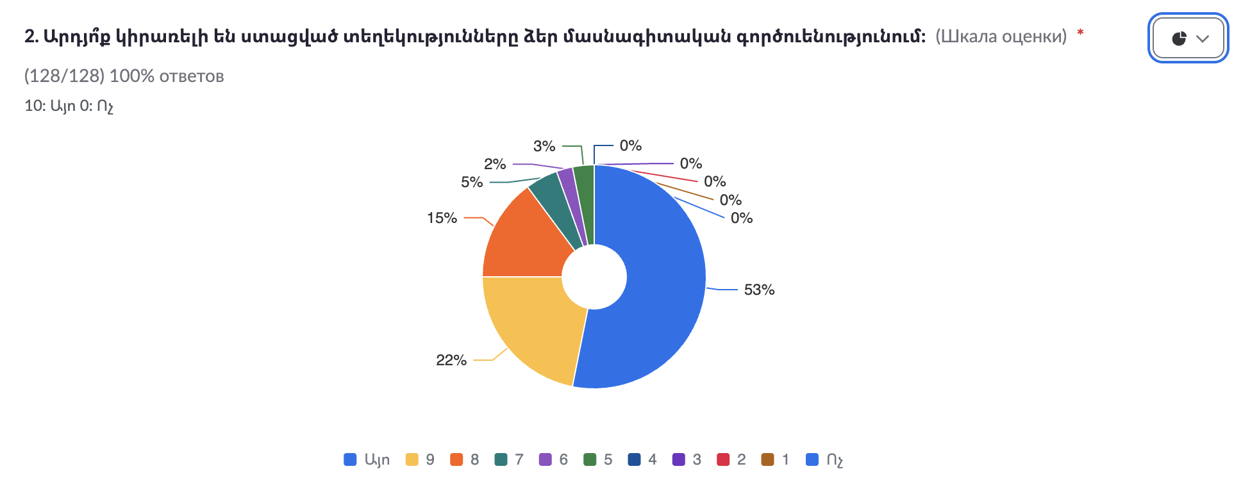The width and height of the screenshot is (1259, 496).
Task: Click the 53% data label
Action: (x=759, y=290)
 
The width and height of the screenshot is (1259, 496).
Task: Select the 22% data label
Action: (x=451, y=360)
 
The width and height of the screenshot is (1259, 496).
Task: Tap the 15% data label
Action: (x=442, y=218)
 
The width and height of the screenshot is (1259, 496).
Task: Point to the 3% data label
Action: (x=544, y=146)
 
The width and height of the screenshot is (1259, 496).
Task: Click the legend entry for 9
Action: (x=421, y=459)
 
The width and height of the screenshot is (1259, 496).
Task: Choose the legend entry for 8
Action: (x=465, y=459)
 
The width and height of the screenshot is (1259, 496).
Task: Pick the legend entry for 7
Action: (x=510, y=459)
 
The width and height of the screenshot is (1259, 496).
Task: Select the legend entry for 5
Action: (x=598, y=459)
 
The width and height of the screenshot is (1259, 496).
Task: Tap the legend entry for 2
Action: (x=731, y=459)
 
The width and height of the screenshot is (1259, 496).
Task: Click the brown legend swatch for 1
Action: (x=767, y=459)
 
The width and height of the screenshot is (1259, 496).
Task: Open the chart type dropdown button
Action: (x=1188, y=38)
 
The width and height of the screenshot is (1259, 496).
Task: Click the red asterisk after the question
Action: (x=1080, y=33)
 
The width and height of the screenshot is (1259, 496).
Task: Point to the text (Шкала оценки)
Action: (x=1001, y=37)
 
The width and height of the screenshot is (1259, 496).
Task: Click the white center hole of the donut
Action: (x=594, y=277)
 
